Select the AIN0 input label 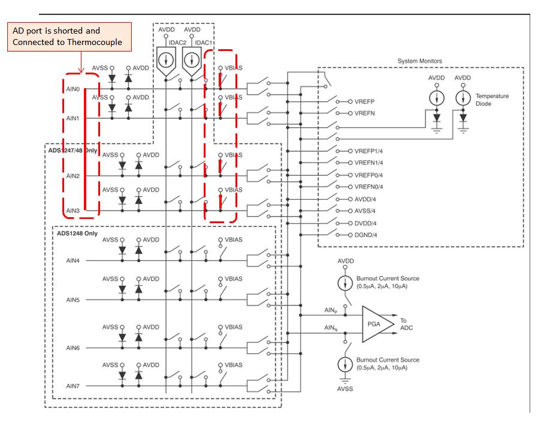(72, 89)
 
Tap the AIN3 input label (72, 211)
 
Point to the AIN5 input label (72, 299)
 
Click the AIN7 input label (72, 386)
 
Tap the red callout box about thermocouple (68, 37)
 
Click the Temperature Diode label (492, 100)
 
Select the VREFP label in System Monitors (364, 102)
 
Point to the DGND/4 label (365, 235)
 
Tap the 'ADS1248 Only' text (77, 233)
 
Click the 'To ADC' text (407, 324)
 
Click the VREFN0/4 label (368, 187)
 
